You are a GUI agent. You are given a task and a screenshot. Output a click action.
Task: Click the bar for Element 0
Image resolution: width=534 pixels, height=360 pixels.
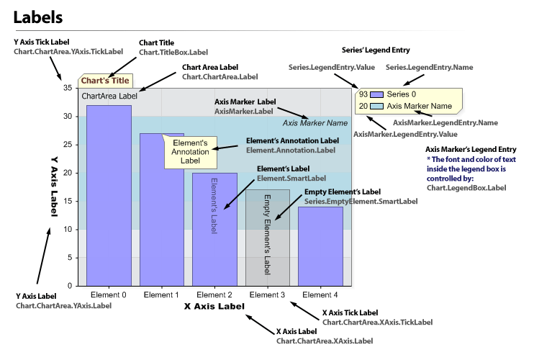(109, 194)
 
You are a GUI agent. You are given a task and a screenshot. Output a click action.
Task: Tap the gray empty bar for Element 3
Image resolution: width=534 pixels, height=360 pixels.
(267, 238)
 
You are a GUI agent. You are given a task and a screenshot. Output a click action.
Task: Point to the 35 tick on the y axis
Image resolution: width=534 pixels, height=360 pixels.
(68, 88)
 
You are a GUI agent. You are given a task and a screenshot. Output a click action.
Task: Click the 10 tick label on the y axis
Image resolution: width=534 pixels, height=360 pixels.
(68, 230)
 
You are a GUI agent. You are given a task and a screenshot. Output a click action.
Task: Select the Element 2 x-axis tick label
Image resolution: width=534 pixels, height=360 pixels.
(214, 294)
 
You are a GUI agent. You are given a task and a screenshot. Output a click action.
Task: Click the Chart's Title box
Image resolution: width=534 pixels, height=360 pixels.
(105, 81)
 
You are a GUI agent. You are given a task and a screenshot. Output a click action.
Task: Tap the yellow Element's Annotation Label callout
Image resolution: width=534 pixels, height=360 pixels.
(190, 152)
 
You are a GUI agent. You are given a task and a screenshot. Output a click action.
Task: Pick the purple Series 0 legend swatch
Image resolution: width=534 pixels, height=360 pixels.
(376, 94)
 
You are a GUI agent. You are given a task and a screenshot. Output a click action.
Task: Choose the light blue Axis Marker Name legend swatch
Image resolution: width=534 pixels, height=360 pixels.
(376, 107)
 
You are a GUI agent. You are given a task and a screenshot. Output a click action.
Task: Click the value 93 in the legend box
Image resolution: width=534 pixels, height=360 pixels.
(363, 94)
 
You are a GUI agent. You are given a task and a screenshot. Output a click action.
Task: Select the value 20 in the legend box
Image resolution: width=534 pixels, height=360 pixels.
(363, 107)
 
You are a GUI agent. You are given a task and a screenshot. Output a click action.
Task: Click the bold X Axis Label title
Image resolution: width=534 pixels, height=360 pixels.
(214, 306)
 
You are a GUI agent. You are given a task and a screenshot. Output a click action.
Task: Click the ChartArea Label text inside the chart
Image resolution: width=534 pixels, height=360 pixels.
(109, 96)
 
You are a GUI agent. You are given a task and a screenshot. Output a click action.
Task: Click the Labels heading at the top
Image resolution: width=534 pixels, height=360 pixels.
(37, 16)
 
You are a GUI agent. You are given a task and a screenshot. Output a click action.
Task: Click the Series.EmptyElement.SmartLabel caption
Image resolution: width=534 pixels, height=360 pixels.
(361, 202)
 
